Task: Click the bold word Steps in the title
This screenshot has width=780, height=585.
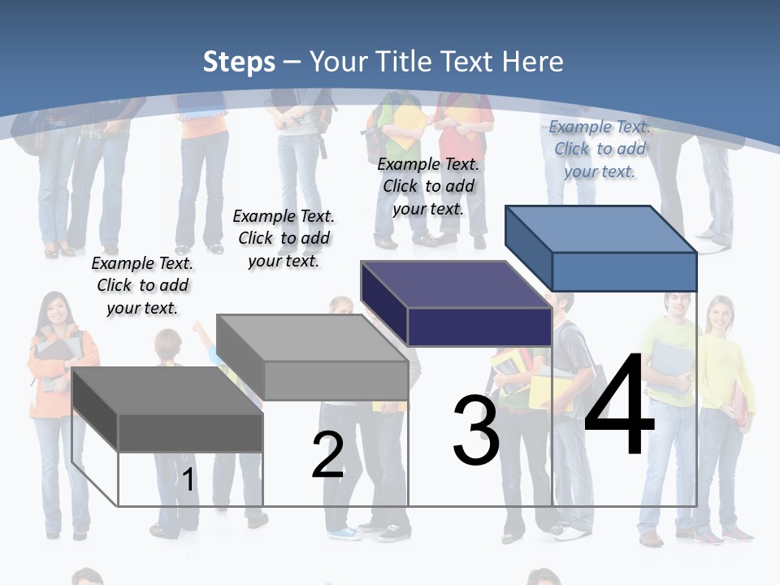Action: pos(239,62)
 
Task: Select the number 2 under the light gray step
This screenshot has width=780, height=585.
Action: pos(328,455)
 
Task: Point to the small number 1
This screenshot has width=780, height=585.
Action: pos(188,480)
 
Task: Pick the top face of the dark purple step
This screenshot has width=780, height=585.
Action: pos(457,284)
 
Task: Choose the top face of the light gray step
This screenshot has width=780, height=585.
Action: pos(312,337)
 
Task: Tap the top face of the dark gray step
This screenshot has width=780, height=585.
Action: pos(167,391)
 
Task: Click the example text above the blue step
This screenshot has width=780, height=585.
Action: pos(600,149)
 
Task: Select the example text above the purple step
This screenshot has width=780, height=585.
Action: pos(428,186)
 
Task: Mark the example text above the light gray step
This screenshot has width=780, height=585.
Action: pos(284,238)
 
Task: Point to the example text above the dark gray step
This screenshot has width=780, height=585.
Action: pos(142,285)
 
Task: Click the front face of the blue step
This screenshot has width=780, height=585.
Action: pos(624,271)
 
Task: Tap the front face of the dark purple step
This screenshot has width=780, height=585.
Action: pos(479,327)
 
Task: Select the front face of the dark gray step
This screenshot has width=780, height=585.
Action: pos(190,432)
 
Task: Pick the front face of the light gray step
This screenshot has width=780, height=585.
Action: pos(336,380)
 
